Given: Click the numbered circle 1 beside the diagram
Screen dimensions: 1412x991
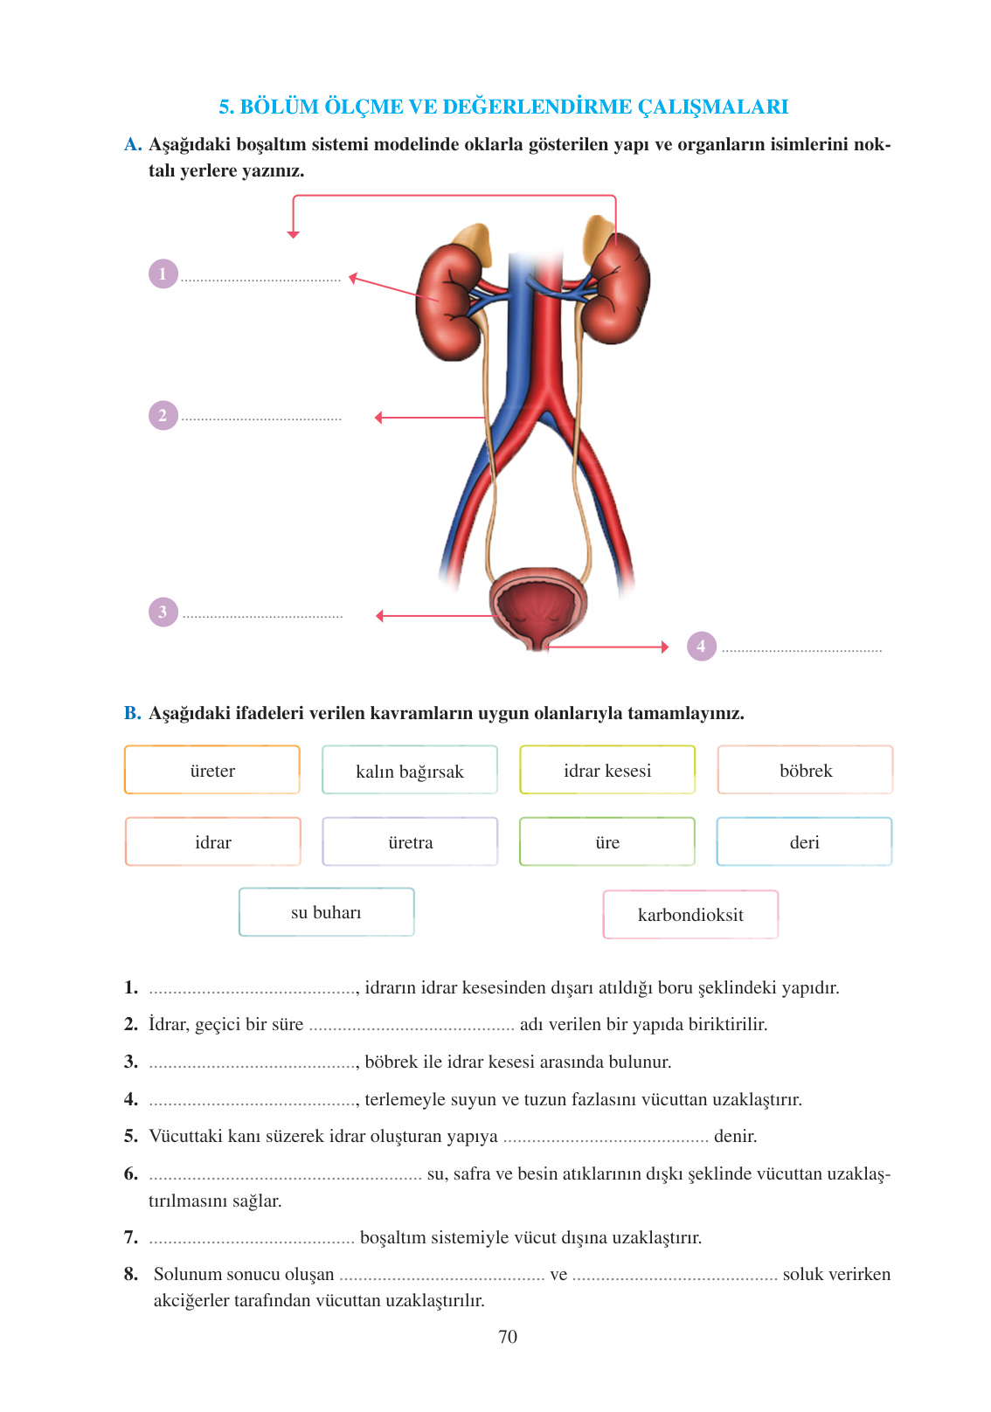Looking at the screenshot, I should tap(163, 273).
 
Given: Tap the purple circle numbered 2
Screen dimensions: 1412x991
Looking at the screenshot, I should tap(163, 415).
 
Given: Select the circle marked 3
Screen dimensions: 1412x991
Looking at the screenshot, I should tap(163, 612).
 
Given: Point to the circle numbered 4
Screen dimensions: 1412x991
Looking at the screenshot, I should tap(701, 646).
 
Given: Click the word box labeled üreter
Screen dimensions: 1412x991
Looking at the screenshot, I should tap(212, 770).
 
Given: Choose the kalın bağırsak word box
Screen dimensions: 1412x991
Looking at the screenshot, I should tap(410, 770).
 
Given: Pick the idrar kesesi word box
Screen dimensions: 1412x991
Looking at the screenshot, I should tap(607, 770).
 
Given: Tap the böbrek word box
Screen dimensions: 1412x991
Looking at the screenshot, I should tap(805, 770).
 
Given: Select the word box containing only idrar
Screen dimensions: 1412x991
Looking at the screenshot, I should tap(212, 841).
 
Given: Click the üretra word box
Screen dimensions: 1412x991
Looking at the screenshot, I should tap(410, 841).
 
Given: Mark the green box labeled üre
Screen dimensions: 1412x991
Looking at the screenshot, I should tap(607, 841).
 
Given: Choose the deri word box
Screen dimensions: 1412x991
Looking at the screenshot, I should tap(804, 841).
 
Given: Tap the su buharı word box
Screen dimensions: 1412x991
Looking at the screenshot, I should tap(326, 912).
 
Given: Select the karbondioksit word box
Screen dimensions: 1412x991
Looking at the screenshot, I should tap(690, 914).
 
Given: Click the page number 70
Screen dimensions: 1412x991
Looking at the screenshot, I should tap(508, 1336).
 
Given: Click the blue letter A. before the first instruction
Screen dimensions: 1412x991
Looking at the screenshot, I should tap(133, 144).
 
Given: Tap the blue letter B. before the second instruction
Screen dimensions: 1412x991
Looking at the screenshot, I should tap(132, 713).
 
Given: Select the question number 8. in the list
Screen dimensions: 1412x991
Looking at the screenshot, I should tap(131, 1274).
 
